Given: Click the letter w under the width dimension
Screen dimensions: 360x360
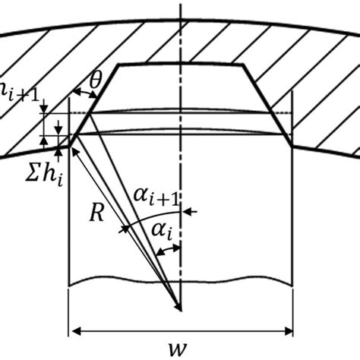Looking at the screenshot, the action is click(181, 349).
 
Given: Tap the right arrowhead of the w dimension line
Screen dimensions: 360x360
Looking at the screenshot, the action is click(289, 331).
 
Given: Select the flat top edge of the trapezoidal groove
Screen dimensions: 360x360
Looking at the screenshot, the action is click(181, 65).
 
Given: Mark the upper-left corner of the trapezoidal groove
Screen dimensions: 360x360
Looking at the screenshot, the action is click(118, 66).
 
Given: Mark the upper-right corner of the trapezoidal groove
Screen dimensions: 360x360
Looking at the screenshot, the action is click(244, 66).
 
